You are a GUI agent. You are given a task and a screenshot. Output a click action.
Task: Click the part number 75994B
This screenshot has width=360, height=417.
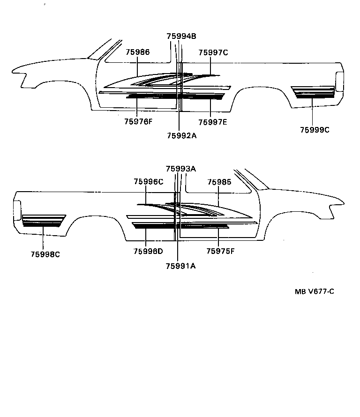click(x=181, y=37)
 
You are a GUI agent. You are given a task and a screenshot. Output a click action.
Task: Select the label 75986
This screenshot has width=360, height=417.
click(x=137, y=52)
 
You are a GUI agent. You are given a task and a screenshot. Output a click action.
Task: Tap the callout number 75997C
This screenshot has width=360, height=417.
click(x=213, y=52)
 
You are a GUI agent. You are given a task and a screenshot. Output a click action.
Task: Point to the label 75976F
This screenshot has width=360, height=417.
click(x=138, y=122)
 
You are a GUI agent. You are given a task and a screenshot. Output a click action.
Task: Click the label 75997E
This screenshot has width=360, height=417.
click(x=212, y=122)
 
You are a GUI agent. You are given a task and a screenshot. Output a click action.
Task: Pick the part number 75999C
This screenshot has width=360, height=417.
click(x=315, y=130)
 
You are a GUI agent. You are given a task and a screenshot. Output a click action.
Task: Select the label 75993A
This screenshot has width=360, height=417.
click(x=180, y=169)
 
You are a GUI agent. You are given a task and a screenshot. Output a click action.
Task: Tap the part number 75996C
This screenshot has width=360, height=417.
click(x=148, y=182)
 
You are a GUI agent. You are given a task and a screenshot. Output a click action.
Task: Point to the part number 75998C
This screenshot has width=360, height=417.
click(x=45, y=254)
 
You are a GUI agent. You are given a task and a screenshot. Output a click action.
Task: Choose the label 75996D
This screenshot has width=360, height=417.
click(x=148, y=251)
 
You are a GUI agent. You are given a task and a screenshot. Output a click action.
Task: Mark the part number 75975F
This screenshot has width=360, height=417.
click(x=220, y=251)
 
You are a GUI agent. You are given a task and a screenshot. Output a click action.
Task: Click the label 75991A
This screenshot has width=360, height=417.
click(x=180, y=266)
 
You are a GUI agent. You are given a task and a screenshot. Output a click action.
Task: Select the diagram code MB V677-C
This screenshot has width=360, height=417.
click(x=314, y=291)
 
